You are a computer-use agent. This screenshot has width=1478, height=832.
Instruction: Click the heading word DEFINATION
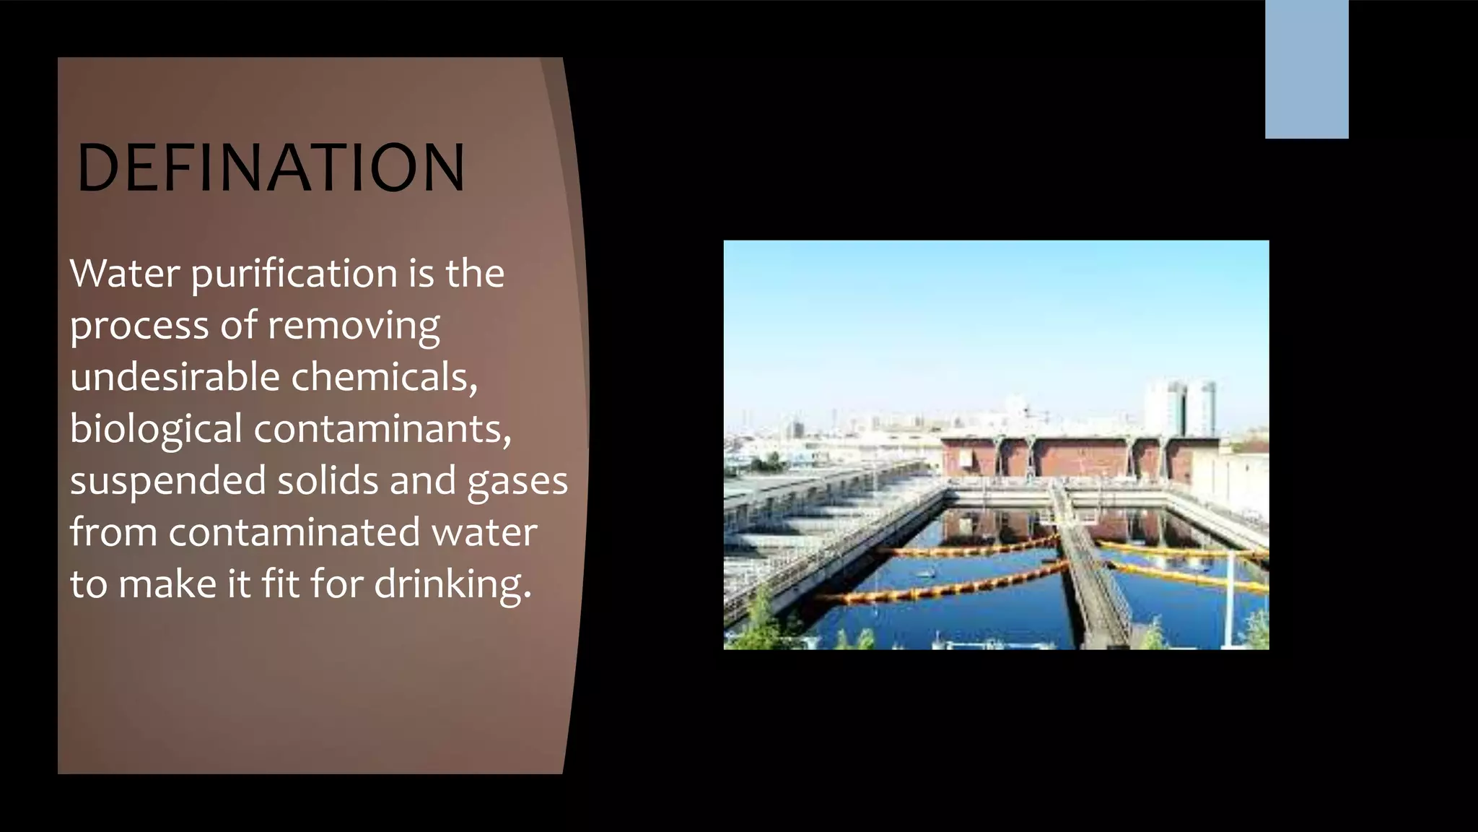[271, 168]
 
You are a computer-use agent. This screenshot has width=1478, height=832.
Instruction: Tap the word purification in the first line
[294, 274]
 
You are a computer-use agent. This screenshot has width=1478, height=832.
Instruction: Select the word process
[139, 326]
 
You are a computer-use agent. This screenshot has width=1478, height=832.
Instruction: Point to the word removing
[354, 326]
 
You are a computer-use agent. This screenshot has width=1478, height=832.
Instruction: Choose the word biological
[155, 430]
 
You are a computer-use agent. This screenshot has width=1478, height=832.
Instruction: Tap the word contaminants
[382, 429]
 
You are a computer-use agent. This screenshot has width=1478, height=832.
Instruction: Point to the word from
[113, 532]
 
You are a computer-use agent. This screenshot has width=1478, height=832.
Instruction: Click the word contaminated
[294, 532]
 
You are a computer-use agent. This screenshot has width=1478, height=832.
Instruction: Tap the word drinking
[452, 584]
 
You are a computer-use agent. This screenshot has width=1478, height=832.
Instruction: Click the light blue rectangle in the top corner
[1306, 69]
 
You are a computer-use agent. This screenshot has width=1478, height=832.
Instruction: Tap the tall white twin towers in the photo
[1181, 409]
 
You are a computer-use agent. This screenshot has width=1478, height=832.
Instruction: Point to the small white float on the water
[926, 574]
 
